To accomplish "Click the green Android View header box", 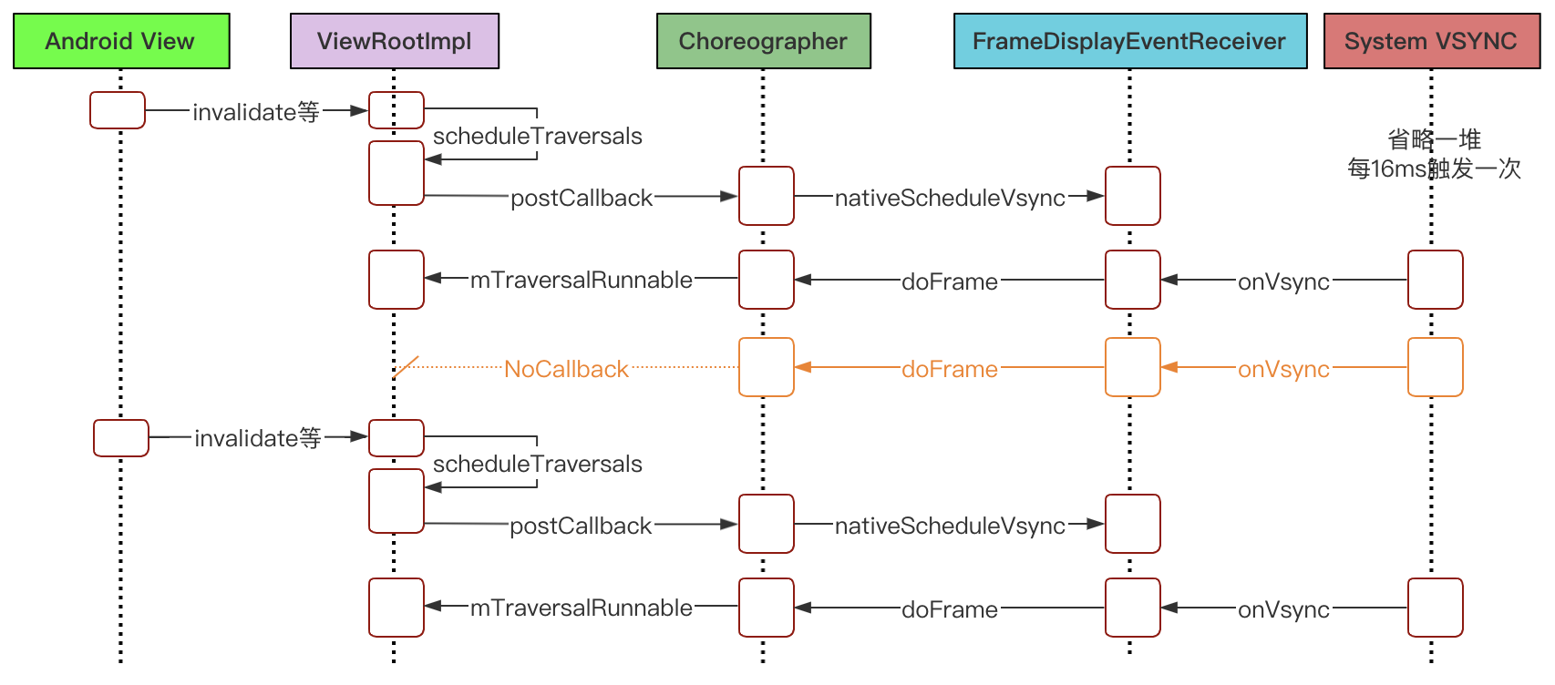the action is click(121, 41).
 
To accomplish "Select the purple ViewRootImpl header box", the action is click(395, 41).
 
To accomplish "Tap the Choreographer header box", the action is click(764, 41).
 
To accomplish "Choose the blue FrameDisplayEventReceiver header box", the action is click(1130, 41).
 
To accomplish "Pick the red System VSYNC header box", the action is click(1431, 41).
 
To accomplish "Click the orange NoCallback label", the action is click(566, 369).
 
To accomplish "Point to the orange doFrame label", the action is click(950, 369).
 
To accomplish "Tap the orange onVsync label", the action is click(1283, 369).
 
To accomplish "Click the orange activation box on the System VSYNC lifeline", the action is click(1435, 367).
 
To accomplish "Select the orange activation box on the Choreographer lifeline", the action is click(767, 367).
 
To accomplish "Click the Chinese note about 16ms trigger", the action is click(1434, 154).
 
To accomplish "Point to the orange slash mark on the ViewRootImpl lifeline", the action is click(406, 367).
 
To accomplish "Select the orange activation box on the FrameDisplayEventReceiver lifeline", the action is click(1133, 367).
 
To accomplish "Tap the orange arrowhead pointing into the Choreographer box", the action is click(803, 367).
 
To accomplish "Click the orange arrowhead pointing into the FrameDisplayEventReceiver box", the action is click(1169, 367).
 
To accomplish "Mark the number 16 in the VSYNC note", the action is click(1383, 169).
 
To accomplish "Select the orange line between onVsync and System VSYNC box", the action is click(1369, 367).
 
